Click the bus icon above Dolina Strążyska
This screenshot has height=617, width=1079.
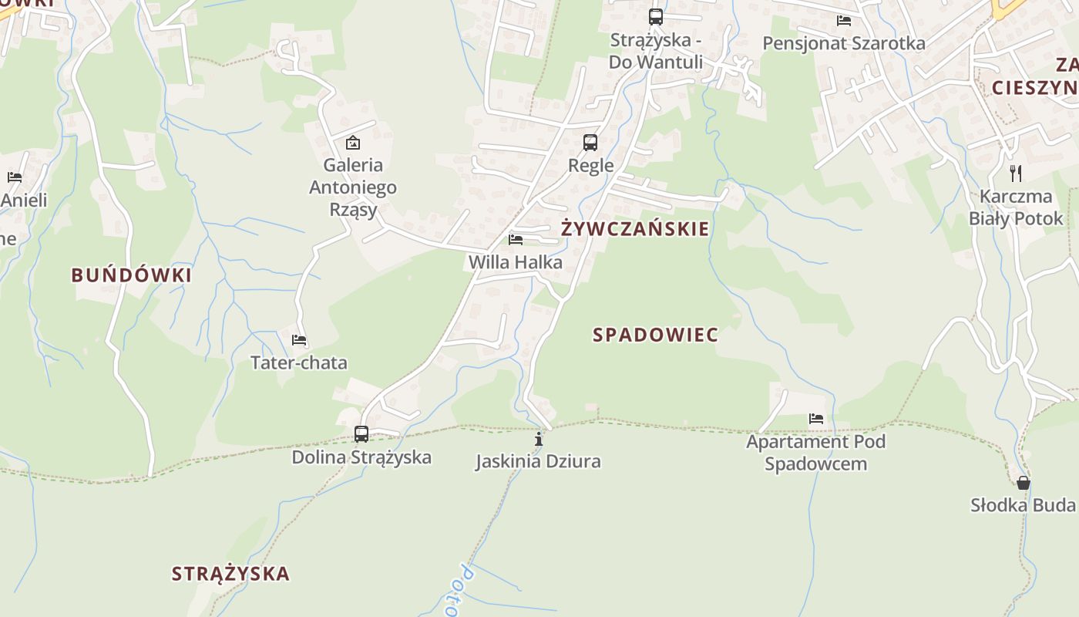(361, 433)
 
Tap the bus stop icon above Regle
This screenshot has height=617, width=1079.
(590, 143)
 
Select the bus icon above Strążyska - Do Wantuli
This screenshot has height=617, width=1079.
(655, 16)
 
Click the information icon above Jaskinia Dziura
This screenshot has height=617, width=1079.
(539, 440)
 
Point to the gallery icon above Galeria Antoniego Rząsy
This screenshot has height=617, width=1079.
(353, 142)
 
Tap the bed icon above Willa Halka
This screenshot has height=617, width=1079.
(516, 240)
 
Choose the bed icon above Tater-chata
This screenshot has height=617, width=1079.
(299, 340)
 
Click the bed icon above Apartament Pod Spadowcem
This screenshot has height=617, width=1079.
(816, 419)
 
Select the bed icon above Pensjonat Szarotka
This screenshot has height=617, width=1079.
(844, 21)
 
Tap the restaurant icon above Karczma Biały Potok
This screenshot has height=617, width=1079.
(1016, 174)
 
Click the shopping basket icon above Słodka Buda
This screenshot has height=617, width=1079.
(1024, 483)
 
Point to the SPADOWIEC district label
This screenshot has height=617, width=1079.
(656, 335)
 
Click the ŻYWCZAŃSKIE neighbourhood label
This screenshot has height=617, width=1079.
(635, 229)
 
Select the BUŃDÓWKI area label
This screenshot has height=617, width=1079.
(132, 275)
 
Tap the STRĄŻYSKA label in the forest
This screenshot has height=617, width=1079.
(230, 574)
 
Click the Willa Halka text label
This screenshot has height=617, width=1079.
(516, 262)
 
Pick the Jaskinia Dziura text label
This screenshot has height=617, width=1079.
(538, 462)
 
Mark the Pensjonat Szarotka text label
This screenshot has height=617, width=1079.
(844, 43)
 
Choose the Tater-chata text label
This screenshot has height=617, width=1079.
(299, 362)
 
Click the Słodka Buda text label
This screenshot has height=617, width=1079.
(1023, 505)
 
